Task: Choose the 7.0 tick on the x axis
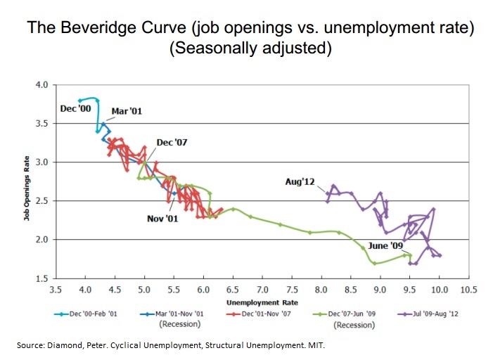(x=262, y=289)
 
